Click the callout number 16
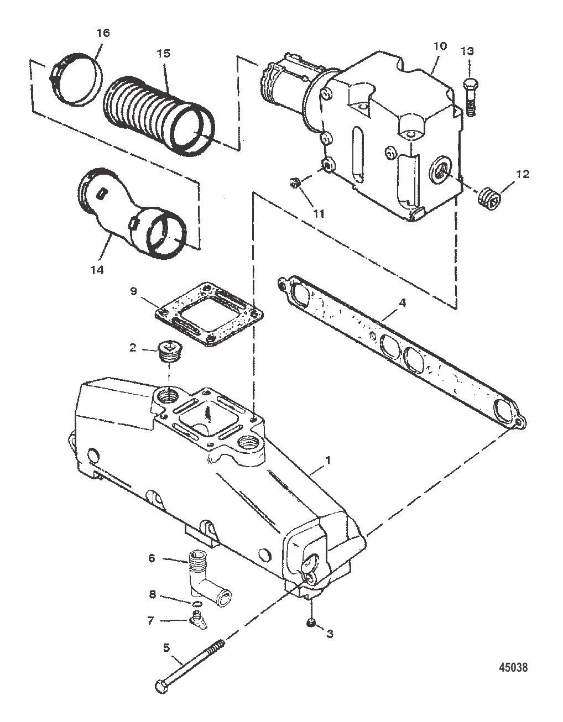coord(103,33)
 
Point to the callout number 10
coord(440,46)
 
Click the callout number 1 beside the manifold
coord(329,460)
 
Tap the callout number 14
coord(97,270)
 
